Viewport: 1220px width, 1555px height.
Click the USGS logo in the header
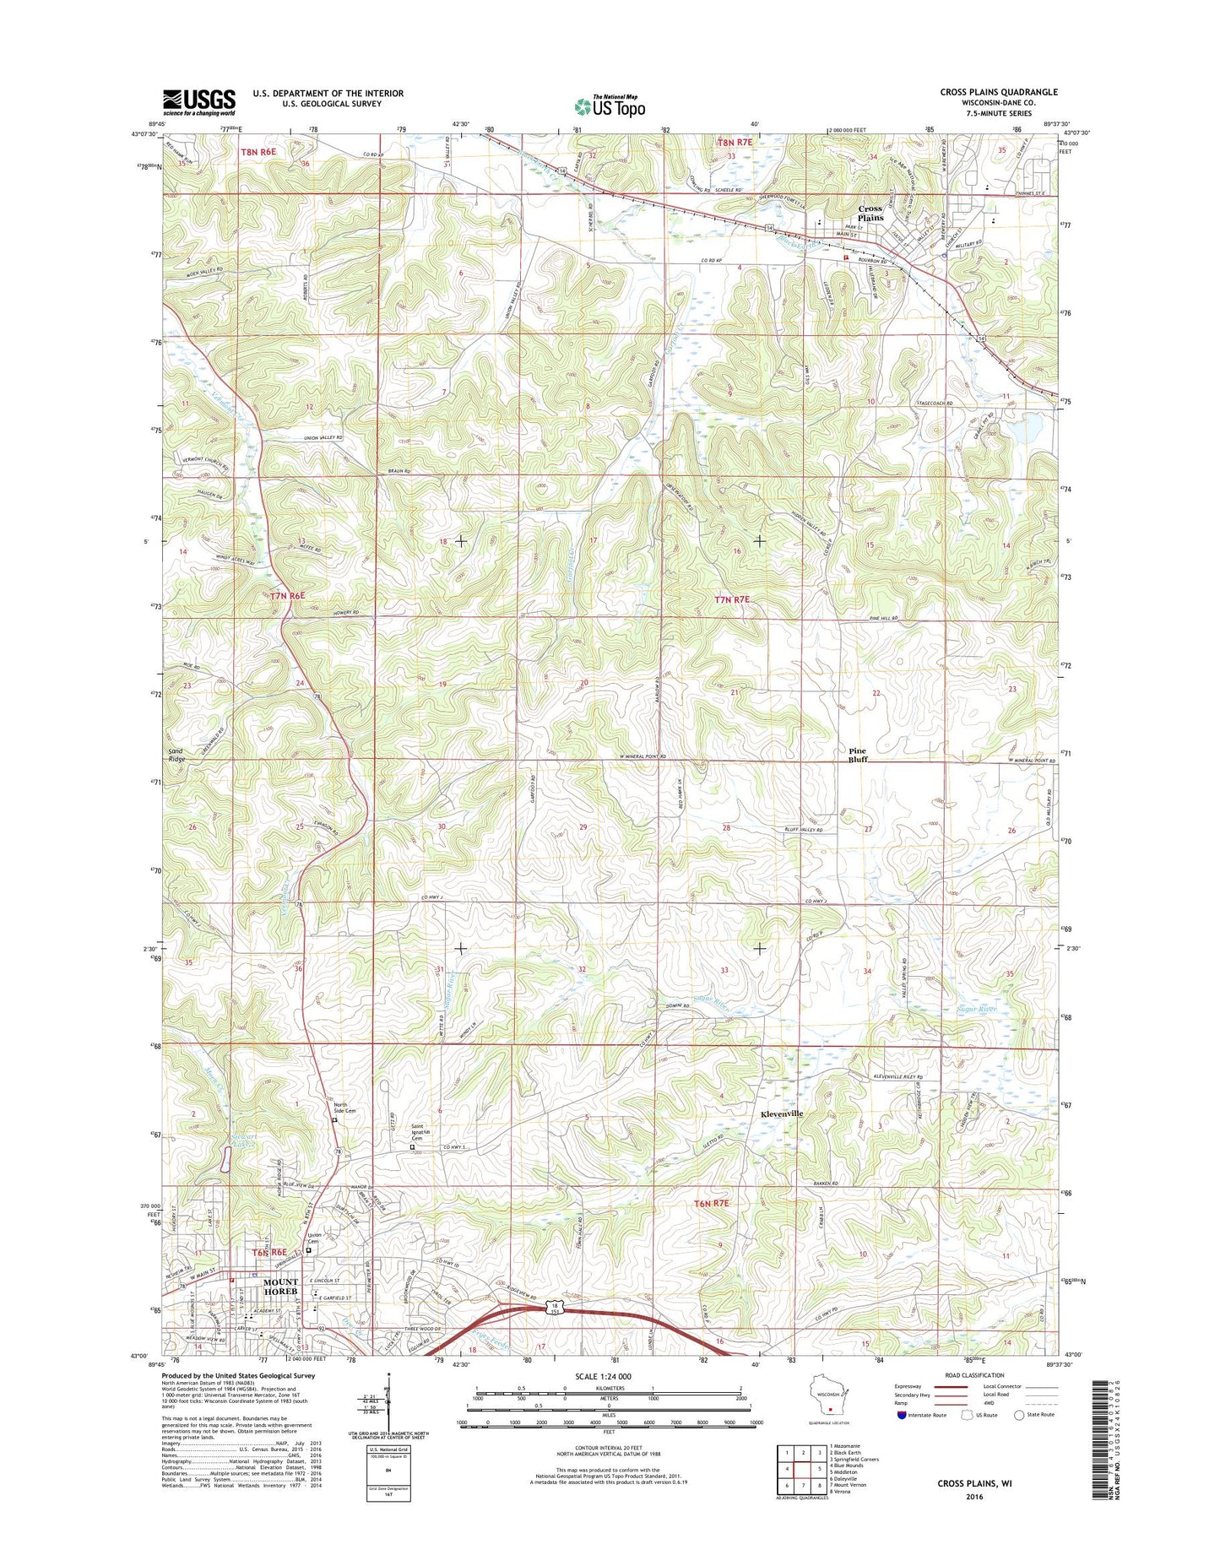[199, 102]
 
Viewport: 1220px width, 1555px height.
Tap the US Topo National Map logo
[610, 106]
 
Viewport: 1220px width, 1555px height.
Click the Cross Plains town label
[870, 213]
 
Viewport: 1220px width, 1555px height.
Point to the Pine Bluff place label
[857, 755]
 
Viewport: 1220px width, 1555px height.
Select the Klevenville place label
[782, 1113]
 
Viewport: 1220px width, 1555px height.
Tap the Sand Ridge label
[176, 755]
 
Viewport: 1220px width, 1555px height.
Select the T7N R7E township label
[732, 599]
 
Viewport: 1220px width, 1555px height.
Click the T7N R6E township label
[287, 595]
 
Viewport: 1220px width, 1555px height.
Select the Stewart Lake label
[244, 1140]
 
